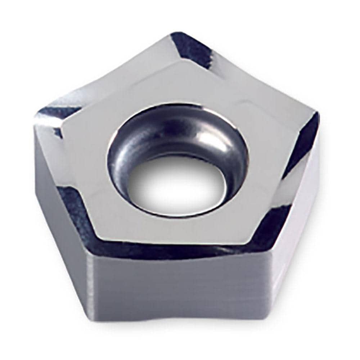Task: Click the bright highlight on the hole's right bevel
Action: coord(216,140)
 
